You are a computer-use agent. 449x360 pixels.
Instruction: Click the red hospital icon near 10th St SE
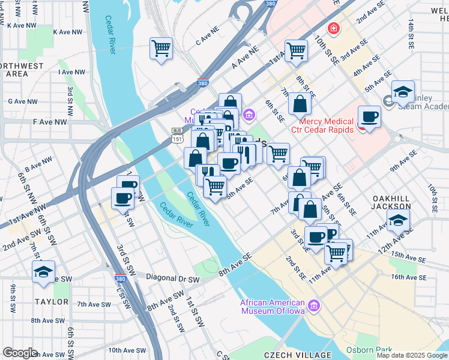coord(332,28)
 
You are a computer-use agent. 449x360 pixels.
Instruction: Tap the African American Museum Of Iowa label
coord(273,307)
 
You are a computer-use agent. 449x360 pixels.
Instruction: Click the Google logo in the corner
coord(20,353)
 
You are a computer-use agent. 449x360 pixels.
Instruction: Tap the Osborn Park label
coord(369,350)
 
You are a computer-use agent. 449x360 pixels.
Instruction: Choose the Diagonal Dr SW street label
coord(173,279)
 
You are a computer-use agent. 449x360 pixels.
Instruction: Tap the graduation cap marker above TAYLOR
coord(43,272)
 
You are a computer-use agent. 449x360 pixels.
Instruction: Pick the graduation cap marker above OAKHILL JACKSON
coord(399,220)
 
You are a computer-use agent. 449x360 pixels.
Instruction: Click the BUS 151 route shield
coord(176,135)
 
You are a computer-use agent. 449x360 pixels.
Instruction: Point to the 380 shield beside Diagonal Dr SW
coord(120,279)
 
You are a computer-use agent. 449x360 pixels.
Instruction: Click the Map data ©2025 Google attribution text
coord(412,355)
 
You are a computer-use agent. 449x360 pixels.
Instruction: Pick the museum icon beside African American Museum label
coord(313,307)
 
